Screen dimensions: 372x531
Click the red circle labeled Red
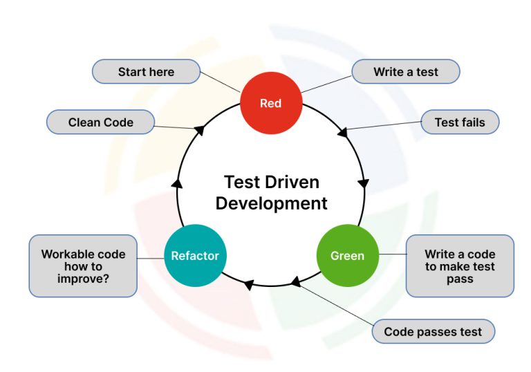pos(271,103)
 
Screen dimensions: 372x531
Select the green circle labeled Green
pos(347,256)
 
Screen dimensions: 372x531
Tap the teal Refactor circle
pos(195,256)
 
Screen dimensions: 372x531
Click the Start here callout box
pos(146,72)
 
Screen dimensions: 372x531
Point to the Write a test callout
pos(405,72)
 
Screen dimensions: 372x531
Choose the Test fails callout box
pos(460,122)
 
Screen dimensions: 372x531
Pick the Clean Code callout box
pos(100,122)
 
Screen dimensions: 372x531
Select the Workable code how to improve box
pos(83,266)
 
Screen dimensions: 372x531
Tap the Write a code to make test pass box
pos(460,266)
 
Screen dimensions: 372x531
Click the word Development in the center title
pos(271,203)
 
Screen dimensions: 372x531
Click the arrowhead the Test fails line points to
pos(342,130)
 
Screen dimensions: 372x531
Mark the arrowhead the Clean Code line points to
pos(199,129)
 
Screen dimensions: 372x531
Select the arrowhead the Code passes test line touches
pos(295,281)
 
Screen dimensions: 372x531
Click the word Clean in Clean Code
pos(84,122)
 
